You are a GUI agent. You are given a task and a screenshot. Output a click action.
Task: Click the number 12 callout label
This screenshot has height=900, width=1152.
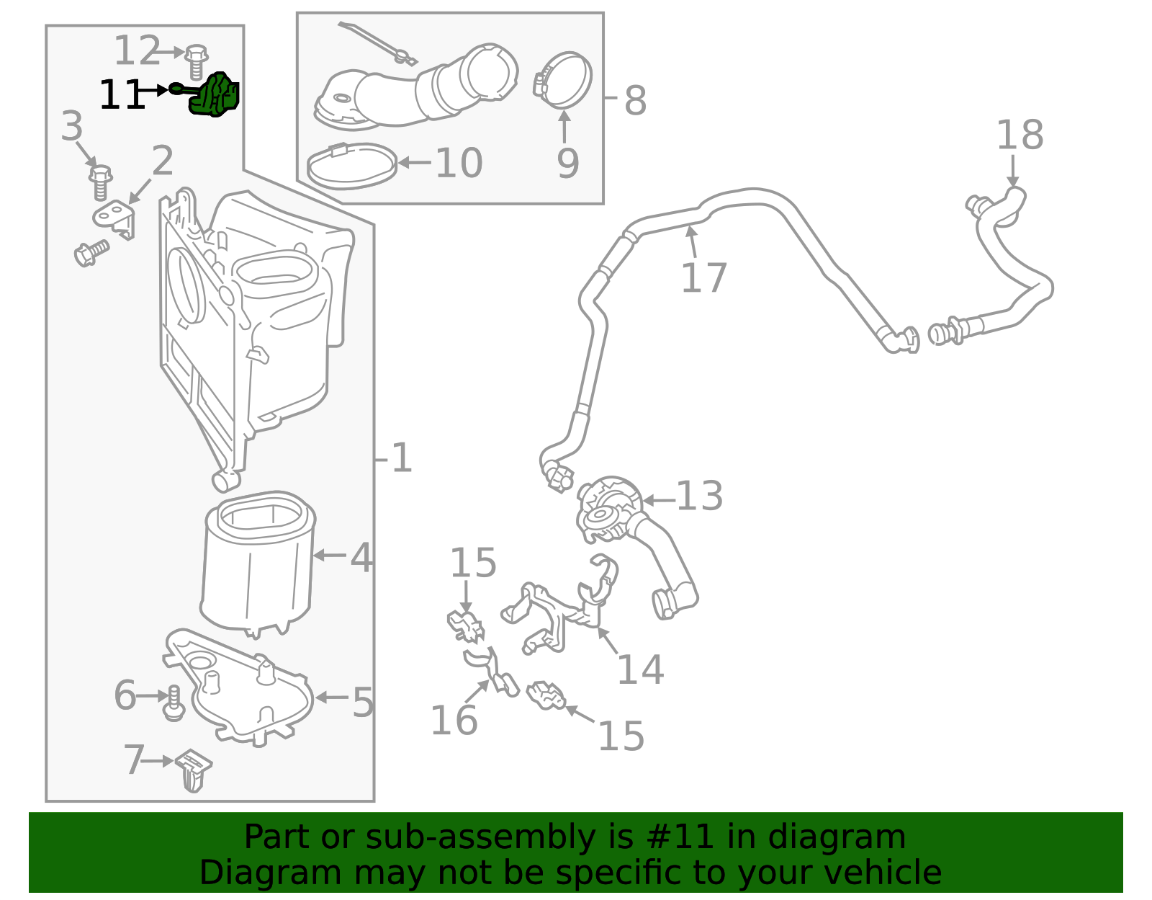click(x=137, y=51)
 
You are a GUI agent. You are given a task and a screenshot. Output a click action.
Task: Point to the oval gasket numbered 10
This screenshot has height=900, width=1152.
click(x=352, y=166)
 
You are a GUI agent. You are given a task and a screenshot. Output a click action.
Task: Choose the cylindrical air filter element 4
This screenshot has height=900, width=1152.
click(x=258, y=566)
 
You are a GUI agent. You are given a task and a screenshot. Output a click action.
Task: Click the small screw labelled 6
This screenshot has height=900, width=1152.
click(x=173, y=703)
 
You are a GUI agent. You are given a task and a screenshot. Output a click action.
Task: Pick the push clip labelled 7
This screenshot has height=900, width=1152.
click(x=193, y=768)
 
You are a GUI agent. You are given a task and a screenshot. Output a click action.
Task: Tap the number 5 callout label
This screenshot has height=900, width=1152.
click(x=363, y=702)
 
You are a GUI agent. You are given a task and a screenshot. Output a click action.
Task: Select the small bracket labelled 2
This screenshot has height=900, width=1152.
click(x=115, y=218)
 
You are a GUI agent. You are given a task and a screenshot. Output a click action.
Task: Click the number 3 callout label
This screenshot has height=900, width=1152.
click(x=71, y=127)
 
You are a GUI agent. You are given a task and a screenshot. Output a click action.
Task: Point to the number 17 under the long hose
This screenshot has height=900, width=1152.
click(x=703, y=278)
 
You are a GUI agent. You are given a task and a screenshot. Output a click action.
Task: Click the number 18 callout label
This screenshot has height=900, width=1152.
click(x=1020, y=135)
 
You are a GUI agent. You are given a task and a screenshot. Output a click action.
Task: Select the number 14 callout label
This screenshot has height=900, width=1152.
click(x=640, y=670)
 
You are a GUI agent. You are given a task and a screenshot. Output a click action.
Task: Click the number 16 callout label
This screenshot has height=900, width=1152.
click(x=454, y=720)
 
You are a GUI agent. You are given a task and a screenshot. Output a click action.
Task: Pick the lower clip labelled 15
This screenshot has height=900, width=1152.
click(x=546, y=695)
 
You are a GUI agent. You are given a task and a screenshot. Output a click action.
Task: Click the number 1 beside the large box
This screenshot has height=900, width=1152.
click(x=401, y=458)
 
